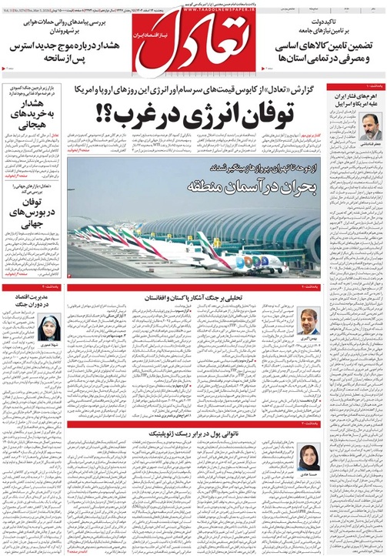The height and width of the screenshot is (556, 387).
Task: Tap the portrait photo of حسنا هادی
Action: click(x=308, y=454)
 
